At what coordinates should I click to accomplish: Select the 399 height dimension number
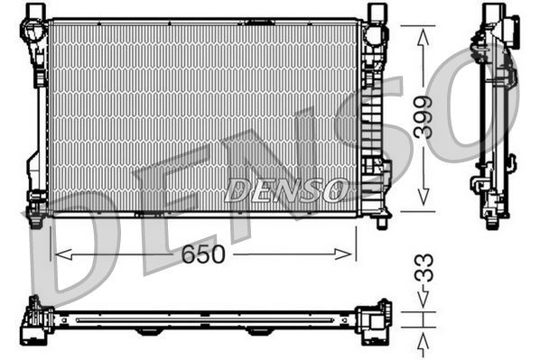[x=424, y=116]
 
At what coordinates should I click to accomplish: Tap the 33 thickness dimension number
[x=424, y=268]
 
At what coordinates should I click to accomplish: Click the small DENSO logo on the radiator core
[x=286, y=189]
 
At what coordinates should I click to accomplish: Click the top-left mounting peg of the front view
[x=34, y=12]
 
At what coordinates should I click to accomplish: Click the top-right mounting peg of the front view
[x=377, y=12]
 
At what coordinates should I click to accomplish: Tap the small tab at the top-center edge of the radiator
[x=260, y=21]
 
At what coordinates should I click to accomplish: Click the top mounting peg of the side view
[x=493, y=12]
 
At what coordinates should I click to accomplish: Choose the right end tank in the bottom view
[x=374, y=322]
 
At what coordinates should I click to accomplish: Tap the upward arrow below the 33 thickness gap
[x=424, y=341]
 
